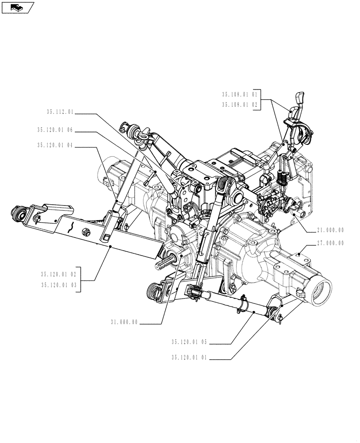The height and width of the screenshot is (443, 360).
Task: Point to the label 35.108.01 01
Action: [239, 94]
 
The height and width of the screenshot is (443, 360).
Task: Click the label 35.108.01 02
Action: [239, 105]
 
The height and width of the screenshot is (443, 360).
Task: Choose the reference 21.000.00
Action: [330, 230]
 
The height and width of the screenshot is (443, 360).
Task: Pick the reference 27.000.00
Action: [330, 243]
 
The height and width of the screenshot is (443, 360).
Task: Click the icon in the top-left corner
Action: [18, 7]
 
